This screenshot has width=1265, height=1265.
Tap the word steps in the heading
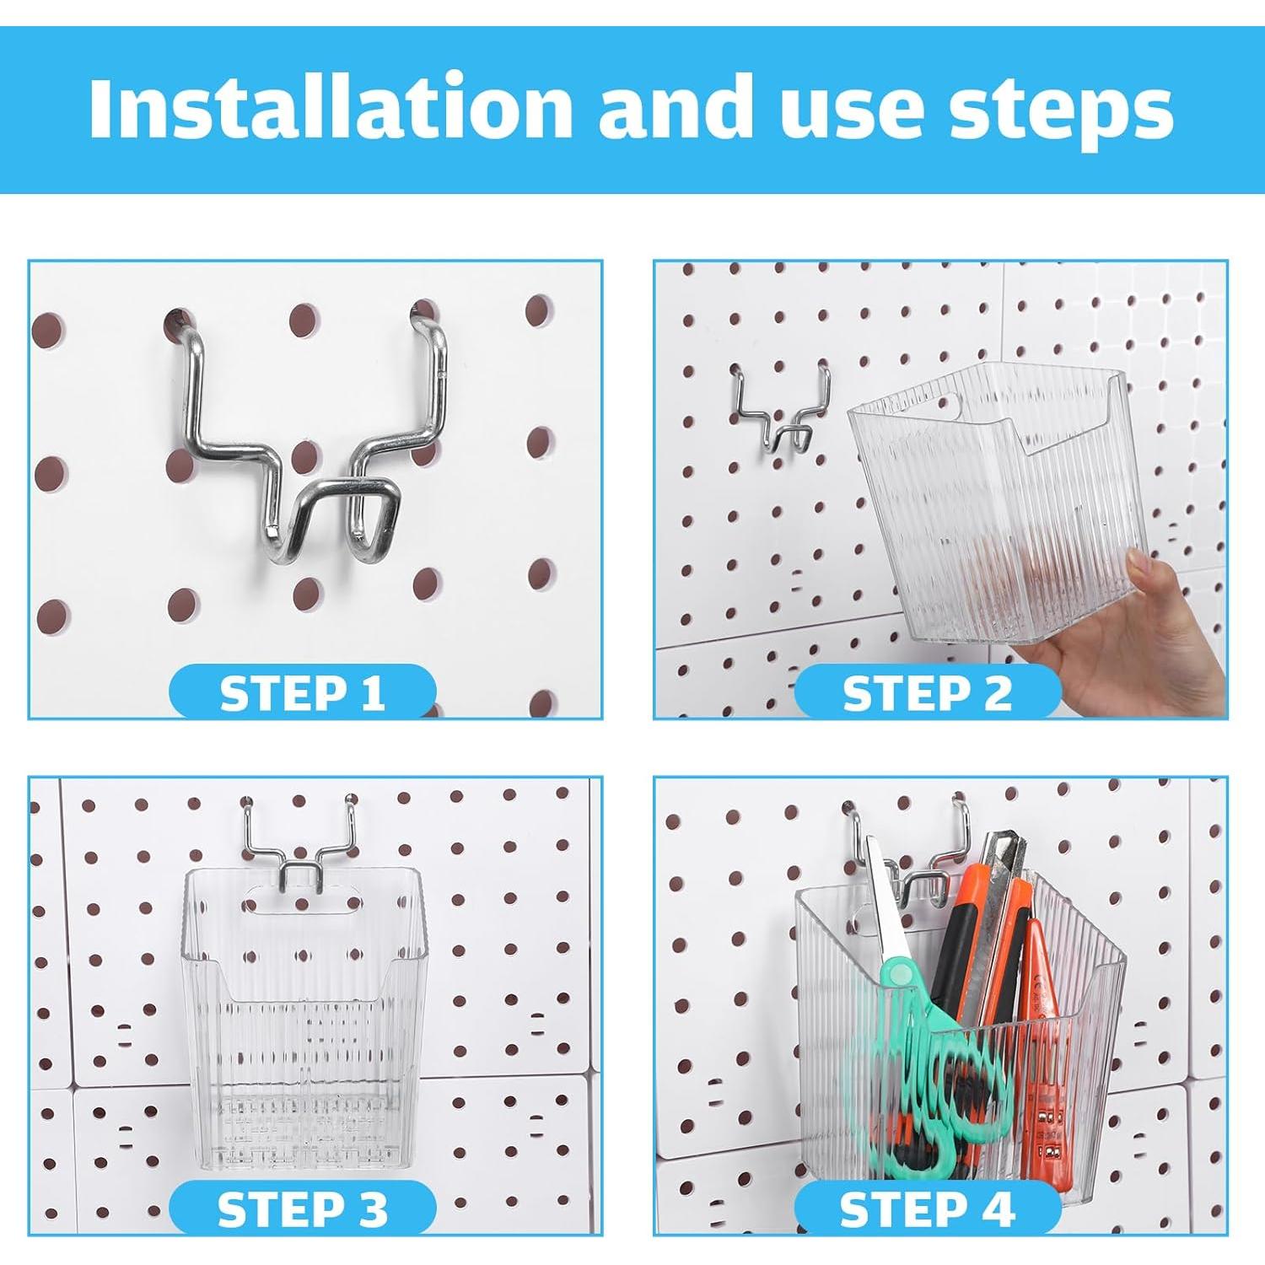tap(1062, 114)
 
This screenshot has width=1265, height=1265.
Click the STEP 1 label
tap(302, 693)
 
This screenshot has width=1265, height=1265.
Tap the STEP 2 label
tap(927, 693)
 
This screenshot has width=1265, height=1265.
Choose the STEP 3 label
tap(302, 1209)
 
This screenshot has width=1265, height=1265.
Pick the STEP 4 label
tap(927, 1209)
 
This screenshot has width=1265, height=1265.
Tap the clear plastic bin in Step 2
tap(995, 506)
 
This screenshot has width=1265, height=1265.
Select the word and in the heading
tap(675, 107)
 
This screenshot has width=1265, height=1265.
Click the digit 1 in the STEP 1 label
tap(372, 693)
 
